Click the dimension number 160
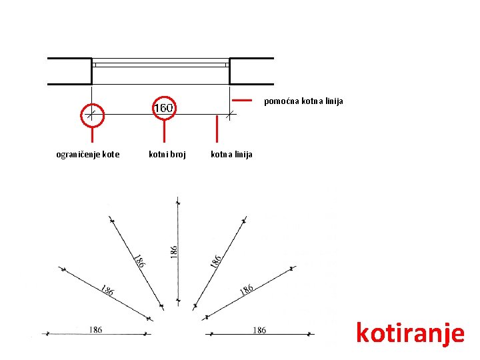(x=163, y=107)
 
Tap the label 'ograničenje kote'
(x=88, y=155)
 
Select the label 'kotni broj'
(x=167, y=155)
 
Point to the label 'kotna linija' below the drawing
(x=231, y=155)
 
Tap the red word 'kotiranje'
(x=409, y=331)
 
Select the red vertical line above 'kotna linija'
(x=217, y=129)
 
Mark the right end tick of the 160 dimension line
(x=229, y=115)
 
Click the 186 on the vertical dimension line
(x=173, y=251)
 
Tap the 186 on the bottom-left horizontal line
(x=95, y=329)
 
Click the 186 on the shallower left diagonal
(x=106, y=290)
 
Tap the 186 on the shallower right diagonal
(x=247, y=289)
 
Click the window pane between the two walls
(x=160, y=65)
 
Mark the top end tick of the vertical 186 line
(x=177, y=201)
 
